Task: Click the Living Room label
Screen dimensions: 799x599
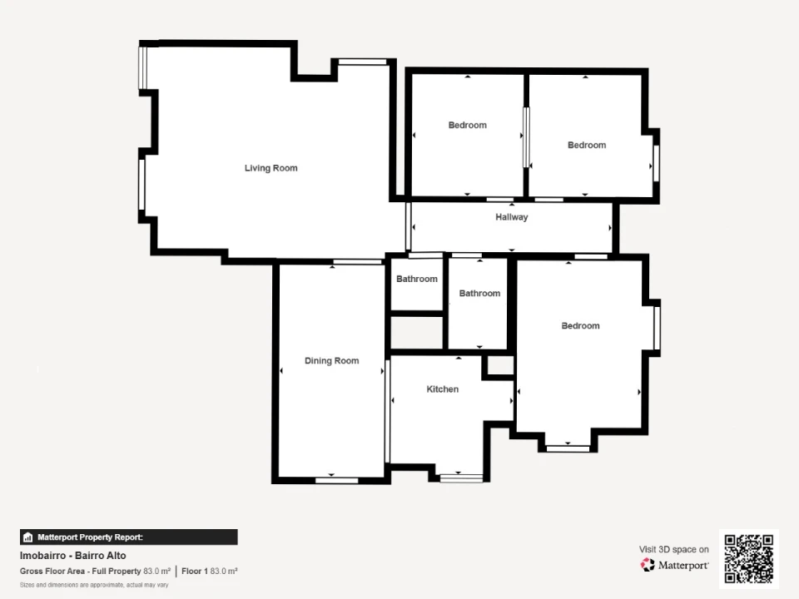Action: (270, 168)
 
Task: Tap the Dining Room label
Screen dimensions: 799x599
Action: (332, 360)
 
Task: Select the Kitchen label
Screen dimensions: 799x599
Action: (442, 389)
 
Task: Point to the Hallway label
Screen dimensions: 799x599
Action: (512, 217)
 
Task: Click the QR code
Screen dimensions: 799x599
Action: (748, 558)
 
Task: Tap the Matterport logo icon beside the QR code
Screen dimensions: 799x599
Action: (648, 565)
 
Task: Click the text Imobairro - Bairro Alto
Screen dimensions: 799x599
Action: (73, 556)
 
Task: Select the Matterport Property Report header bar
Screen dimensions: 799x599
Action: (128, 537)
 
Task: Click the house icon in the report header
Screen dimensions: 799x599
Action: (28, 537)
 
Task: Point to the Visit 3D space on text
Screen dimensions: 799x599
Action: (673, 549)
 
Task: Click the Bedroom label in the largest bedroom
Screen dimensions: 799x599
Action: (580, 326)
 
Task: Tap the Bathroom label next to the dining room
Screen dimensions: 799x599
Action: (417, 280)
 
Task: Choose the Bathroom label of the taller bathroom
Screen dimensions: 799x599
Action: (479, 294)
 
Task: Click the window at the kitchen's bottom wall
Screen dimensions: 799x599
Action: (461, 478)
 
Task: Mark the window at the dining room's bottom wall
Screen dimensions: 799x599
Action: (337, 480)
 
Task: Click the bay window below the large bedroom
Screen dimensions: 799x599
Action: (568, 448)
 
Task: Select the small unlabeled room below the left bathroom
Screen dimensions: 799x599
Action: (416, 333)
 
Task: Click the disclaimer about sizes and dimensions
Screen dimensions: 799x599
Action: (94, 585)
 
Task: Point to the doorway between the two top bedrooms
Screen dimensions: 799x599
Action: (526, 137)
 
